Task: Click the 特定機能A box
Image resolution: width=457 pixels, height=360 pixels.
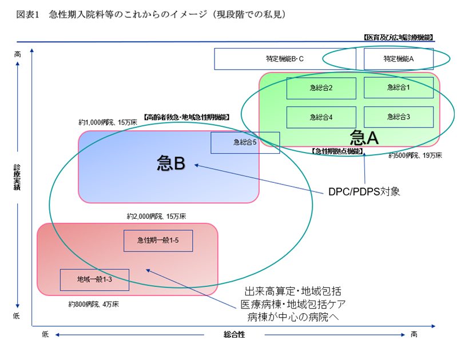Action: [399, 58]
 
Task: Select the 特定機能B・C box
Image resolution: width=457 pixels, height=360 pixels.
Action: [285, 58]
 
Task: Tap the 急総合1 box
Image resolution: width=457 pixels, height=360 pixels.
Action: [399, 87]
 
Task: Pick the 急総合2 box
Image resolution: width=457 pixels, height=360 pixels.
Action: [321, 88]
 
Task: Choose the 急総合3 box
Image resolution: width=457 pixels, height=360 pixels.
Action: [399, 117]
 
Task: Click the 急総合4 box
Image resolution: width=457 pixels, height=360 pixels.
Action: [321, 117]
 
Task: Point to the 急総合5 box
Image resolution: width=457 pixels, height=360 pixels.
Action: [245, 142]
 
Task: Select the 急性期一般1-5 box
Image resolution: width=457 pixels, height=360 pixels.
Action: [158, 241]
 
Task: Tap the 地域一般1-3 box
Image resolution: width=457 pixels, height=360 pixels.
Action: [94, 279]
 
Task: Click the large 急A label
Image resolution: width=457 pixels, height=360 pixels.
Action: [364, 137]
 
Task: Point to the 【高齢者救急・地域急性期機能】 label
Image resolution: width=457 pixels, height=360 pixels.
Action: [186, 117]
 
